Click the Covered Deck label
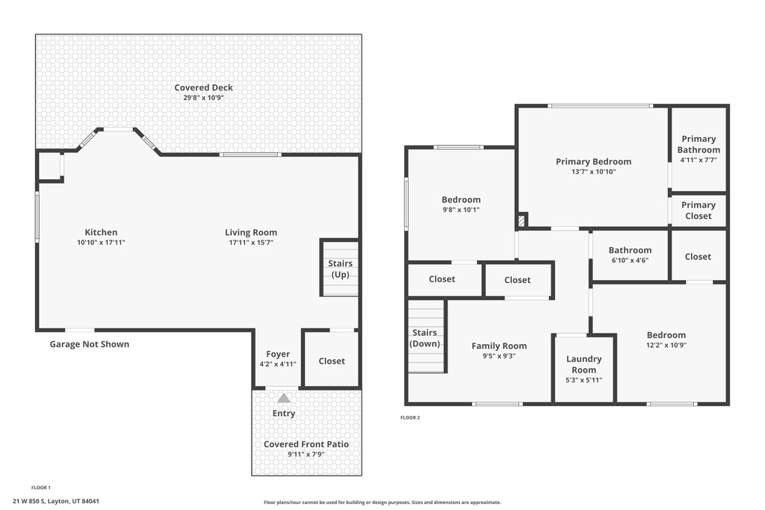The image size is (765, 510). pos(203,87)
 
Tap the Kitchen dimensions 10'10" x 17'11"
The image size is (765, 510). pos(101,243)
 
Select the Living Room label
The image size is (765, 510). pos(251,232)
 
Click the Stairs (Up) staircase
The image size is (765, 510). pos(340,268)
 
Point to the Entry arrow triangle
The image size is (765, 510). pos(284,398)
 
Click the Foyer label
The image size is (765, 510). pos(278,354)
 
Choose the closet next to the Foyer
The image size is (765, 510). pos(332,361)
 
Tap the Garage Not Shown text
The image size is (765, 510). pos(89,344)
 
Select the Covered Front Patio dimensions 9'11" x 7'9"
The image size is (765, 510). pos(306,454)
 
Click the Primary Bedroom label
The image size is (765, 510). pos(593,161)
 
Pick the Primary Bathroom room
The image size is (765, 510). pos(699,149)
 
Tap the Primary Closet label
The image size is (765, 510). pos(699,211)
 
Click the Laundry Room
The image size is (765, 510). pos(583,369)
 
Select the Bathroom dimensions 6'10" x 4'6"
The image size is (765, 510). pos(629,261)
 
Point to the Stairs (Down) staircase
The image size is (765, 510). pos(425,338)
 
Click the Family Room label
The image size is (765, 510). pos(499,346)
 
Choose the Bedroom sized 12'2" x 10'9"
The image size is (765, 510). pos(666,340)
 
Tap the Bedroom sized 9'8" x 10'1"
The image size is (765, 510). pos(461,205)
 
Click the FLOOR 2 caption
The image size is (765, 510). pos(410,417)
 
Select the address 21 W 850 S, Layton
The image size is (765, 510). pos(56,501)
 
